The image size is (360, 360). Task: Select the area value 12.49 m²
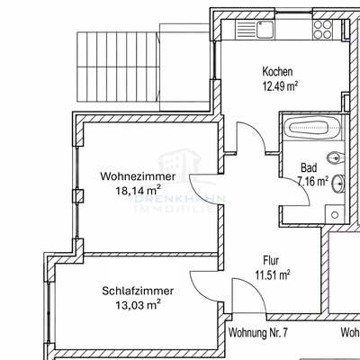[x=280, y=86]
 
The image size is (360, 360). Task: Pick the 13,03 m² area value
[x=138, y=306]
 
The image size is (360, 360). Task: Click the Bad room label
[x=307, y=167]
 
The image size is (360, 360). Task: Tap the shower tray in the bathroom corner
[x=334, y=214]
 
